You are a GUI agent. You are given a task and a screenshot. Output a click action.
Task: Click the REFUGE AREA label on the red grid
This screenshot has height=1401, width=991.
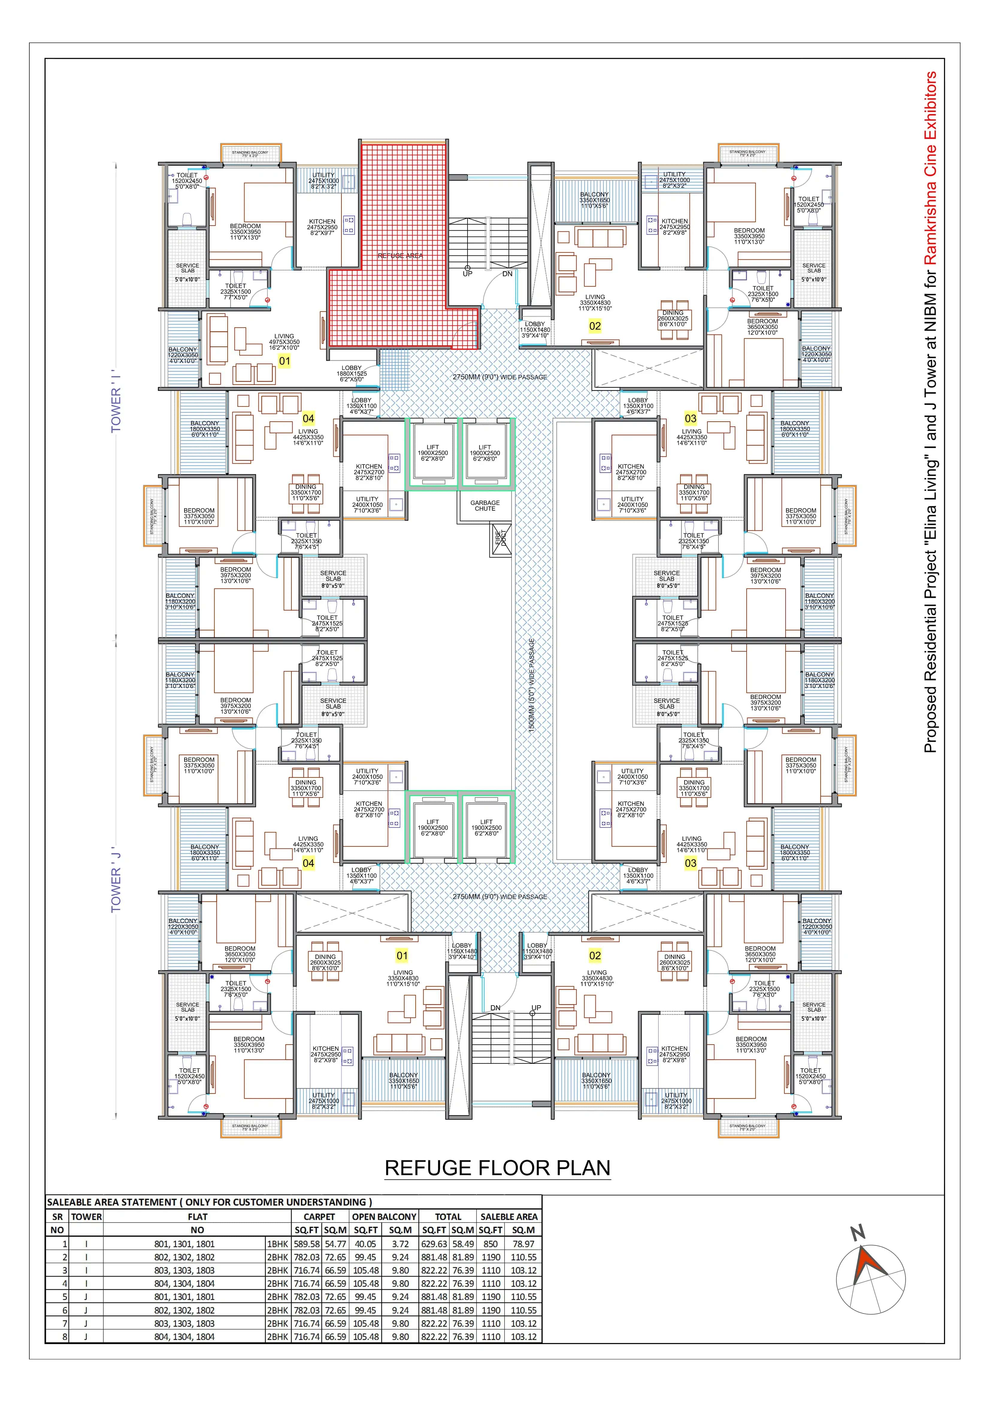(400, 256)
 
